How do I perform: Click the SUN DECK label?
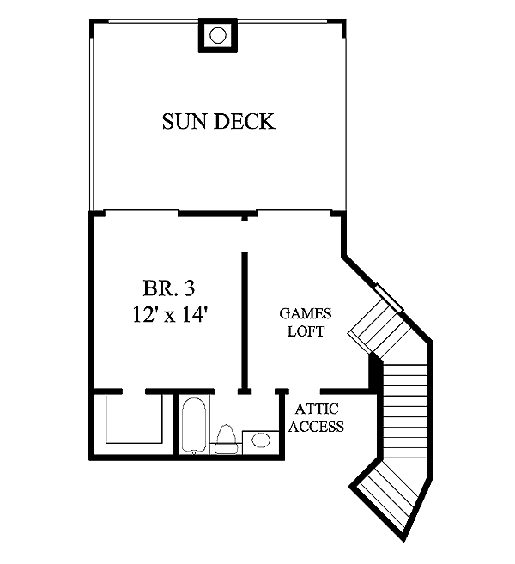point(219,122)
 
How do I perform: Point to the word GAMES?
point(306,314)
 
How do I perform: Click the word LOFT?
point(306,331)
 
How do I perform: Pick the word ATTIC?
point(315,410)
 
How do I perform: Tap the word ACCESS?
point(316,427)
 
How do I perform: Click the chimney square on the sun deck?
point(218,35)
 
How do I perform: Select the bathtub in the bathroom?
point(195,424)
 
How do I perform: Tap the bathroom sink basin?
point(260,440)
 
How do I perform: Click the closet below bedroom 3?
point(133,419)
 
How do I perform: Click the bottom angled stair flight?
point(391,498)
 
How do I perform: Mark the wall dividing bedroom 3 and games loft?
point(245,318)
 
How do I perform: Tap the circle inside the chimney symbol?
point(218,35)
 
